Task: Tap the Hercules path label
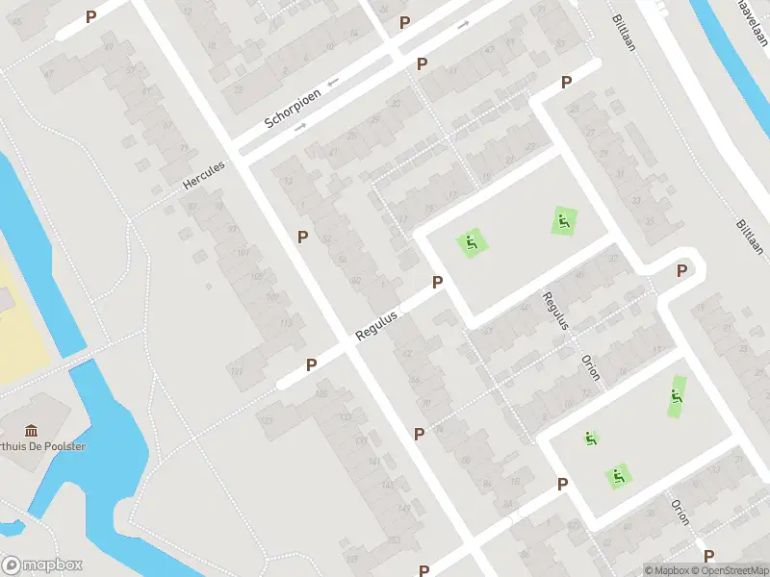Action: (x=203, y=176)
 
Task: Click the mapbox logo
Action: (x=42, y=564)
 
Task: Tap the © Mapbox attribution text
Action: (x=666, y=570)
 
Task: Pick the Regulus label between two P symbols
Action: (x=376, y=319)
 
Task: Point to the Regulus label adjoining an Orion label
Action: (x=555, y=311)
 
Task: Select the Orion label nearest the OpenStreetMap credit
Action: (x=680, y=511)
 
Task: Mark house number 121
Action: (x=236, y=371)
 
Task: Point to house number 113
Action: (x=285, y=322)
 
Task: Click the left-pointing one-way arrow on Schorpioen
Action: (x=333, y=83)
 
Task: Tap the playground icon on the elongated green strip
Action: (x=678, y=395)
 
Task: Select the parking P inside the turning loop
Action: (x=681, y=270)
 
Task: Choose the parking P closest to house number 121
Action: (x=311, y=364)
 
